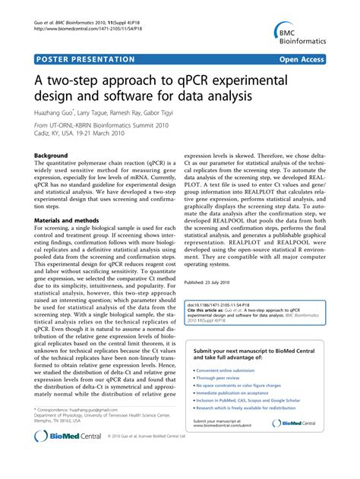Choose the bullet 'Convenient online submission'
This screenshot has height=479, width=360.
click(x=233, y=371)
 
